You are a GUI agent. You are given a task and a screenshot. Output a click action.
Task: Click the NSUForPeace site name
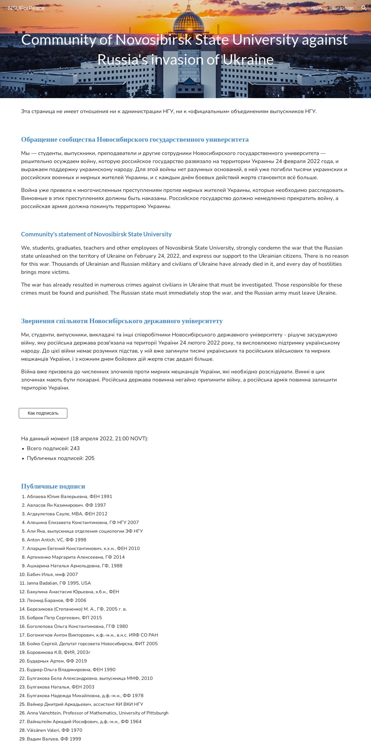[x=26, y=8]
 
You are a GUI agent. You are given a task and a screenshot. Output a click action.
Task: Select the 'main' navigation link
[x=316, y=8]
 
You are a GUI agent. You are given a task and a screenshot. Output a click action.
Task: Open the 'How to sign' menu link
[x=341, y=8]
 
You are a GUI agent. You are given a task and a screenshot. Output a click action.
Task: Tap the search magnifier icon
[x=364, y=8]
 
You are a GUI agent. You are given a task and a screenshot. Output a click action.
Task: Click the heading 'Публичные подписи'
[x=53, y=486]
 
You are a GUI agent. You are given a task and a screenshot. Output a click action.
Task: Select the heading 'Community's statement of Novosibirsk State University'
[x=96, y=234]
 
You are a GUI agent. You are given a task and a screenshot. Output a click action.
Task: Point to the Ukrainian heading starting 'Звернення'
[x=122, y=321]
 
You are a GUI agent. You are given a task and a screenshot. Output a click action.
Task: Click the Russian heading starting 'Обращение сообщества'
[x=135, y=139]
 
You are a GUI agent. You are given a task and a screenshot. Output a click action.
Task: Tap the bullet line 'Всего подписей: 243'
[x=53, y=448]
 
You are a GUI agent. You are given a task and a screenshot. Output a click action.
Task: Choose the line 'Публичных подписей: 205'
[x=61, y=458]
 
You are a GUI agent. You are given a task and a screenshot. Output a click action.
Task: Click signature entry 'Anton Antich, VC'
[x=56, y=540]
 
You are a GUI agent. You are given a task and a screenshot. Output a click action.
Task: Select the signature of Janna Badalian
[x=59, y=583]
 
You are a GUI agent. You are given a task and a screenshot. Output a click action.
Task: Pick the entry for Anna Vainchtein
[x=97, y=713]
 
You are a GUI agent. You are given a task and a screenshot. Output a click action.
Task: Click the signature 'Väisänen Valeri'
[x=54, y=730]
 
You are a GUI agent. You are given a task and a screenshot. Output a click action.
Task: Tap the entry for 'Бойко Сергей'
[x=92, y=643]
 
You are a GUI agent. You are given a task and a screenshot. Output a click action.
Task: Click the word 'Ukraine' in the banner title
[x=248, y=60]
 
